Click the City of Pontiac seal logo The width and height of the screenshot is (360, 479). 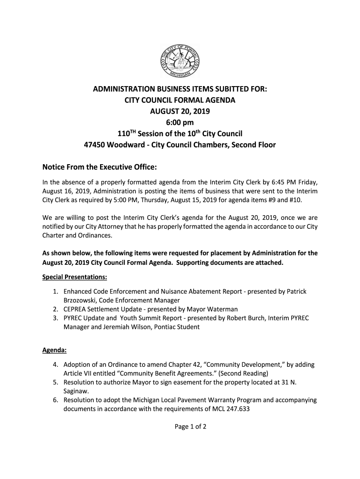180,61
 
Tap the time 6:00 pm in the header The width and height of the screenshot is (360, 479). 180,123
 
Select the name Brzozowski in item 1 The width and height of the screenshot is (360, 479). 81,300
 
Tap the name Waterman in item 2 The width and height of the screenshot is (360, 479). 222,309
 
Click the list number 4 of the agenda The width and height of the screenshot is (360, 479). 55,364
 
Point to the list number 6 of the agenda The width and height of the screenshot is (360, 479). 55,400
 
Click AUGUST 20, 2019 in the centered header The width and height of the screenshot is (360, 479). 180,112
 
